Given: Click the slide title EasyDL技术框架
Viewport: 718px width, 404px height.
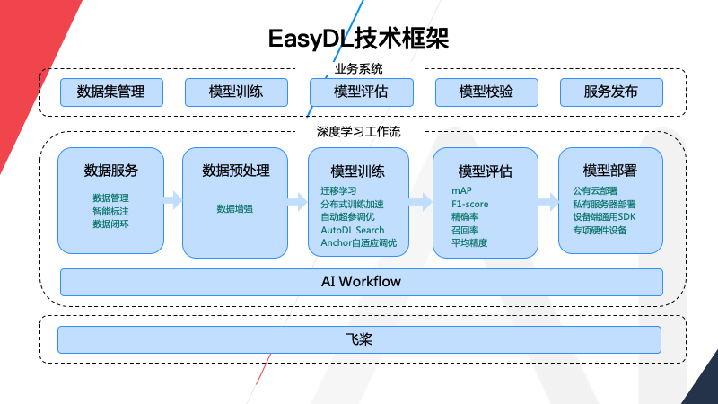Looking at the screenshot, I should tap(359, 38).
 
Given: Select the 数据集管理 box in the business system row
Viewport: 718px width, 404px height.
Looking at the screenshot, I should tap(111, 92).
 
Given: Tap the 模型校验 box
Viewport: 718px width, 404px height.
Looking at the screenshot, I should tap(486, 92).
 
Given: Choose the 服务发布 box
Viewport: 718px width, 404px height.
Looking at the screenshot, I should tap(611, 92).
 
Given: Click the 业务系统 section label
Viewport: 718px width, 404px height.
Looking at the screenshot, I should tap(359, 68).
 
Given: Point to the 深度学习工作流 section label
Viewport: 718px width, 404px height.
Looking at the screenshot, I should tap(359, 131).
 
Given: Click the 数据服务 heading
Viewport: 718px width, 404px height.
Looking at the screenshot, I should tap(111, 171).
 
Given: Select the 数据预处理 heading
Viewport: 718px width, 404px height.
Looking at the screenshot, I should tap(236, 171).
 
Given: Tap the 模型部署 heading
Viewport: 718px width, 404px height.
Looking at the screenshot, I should tap(610, 171).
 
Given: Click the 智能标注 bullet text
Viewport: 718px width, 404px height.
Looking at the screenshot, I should tap(111, 210).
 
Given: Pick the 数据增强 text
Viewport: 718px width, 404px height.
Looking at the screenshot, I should tap(235, 208).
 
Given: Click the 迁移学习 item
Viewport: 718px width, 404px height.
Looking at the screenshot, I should tap(338, 190).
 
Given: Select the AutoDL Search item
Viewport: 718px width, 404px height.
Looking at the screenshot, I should tap(353, 231).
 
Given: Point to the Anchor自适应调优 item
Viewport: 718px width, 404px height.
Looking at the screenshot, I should tap(358, 243).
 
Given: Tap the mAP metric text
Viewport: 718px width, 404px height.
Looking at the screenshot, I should tap(461, 190).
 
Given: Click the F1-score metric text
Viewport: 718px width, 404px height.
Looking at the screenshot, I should tap(470, 204).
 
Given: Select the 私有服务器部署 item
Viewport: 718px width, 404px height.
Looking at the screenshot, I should tap(610, 204).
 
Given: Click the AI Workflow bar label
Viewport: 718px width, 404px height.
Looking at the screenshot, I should tap(361, 282).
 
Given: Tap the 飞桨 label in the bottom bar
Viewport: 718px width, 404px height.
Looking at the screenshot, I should tap(359, 339).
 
